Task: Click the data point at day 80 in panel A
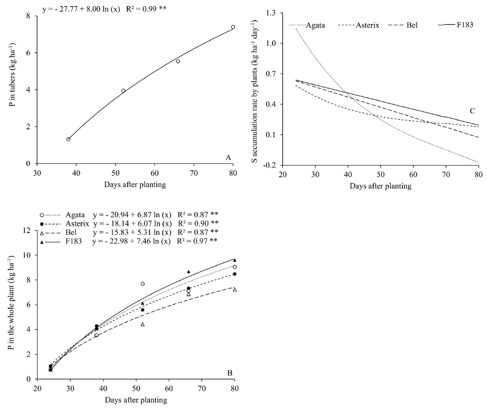click(233, 27)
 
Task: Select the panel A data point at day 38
click(69, 139)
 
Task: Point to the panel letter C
click(473, 111)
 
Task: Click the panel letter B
click(229, 373)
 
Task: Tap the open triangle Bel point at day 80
click(234, 290)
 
